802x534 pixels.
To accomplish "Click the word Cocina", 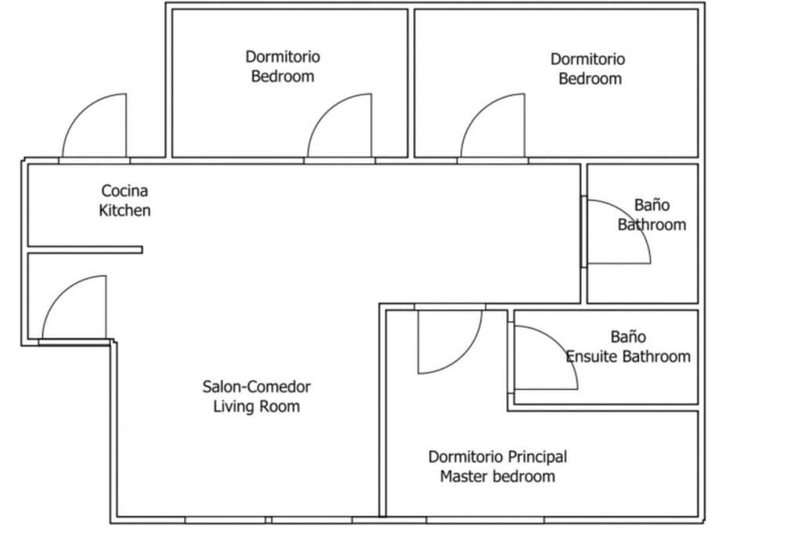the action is (125, 191).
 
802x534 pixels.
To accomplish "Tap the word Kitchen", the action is (125, 210).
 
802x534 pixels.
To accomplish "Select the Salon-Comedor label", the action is (256, 387).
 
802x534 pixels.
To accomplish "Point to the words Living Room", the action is (256, 406).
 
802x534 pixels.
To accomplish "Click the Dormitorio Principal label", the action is (497, 456).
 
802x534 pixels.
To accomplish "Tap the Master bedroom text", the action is (497, 477).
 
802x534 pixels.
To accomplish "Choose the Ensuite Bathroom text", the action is (628, 356).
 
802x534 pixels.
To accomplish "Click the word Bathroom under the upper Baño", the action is (652, 225).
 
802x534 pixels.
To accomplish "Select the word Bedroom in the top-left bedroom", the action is (282, 76).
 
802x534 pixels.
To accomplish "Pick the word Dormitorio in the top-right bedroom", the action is (587, 59).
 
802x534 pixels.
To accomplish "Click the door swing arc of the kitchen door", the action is (81, 111).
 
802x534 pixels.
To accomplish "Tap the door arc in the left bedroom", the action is (327, 111).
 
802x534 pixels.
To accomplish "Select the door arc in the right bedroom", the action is (480, 111).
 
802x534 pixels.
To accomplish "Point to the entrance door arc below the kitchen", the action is (62, 294).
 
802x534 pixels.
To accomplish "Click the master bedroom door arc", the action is (464, 355).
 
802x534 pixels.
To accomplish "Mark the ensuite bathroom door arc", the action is (559, 345).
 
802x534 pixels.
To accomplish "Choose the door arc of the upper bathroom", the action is (633, 218).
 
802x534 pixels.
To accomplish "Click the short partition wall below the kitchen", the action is (85, 250).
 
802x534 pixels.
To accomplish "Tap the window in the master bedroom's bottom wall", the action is (485, 520).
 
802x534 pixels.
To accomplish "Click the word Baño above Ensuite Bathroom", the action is (628, 337).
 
